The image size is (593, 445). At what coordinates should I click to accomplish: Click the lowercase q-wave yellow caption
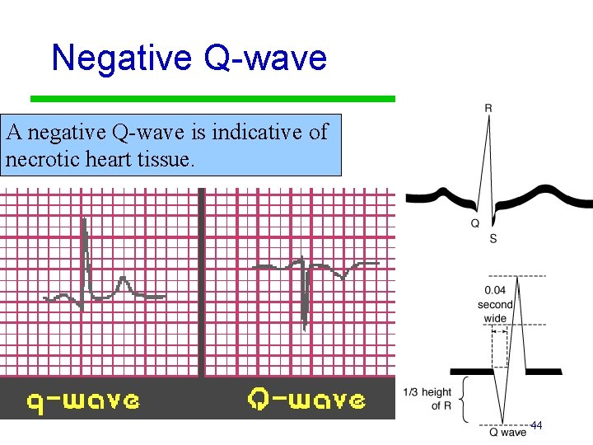click(82, 400)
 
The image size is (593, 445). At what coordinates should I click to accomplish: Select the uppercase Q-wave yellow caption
click(306, 400)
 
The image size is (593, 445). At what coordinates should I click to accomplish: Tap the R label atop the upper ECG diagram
click(489, 106)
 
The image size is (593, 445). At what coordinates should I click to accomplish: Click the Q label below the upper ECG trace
click(476, 223)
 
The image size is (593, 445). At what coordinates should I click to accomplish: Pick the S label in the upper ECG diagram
click(493, 238)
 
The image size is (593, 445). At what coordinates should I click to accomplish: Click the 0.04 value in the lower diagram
click(495, 289)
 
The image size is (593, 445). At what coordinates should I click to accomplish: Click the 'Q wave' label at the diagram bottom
click(507, 432)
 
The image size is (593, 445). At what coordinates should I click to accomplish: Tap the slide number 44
click(536, 425)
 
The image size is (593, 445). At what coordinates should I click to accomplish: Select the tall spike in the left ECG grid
click(84, 255)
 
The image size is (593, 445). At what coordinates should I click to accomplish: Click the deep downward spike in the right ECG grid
click(305, 305)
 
